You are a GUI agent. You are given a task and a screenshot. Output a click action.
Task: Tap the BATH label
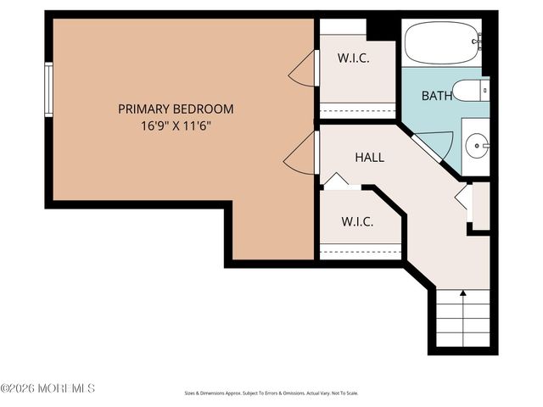[437, 96]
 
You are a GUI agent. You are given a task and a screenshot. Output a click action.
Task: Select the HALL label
[369, 157]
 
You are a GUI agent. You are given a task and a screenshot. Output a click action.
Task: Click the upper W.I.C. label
[351, 59]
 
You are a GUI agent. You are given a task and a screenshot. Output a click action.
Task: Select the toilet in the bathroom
[469, 89]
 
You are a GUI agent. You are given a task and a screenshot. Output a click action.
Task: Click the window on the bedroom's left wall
[49, 89]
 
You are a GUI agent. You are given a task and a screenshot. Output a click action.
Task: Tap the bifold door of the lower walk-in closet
[335, 181]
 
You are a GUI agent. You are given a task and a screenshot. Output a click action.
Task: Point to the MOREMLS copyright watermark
[48, 388]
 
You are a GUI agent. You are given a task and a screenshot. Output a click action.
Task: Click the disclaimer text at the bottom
[271, 393]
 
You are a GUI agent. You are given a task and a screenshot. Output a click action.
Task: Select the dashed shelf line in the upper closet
[357, 109]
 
